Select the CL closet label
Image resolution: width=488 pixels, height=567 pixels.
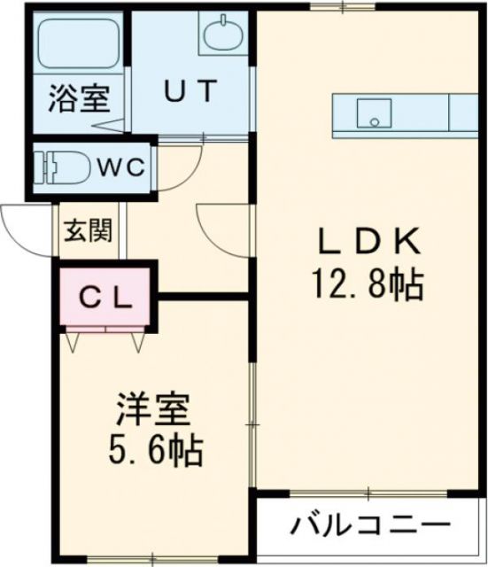click(107, 296)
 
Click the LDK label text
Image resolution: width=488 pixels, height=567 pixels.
click(366, 241)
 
